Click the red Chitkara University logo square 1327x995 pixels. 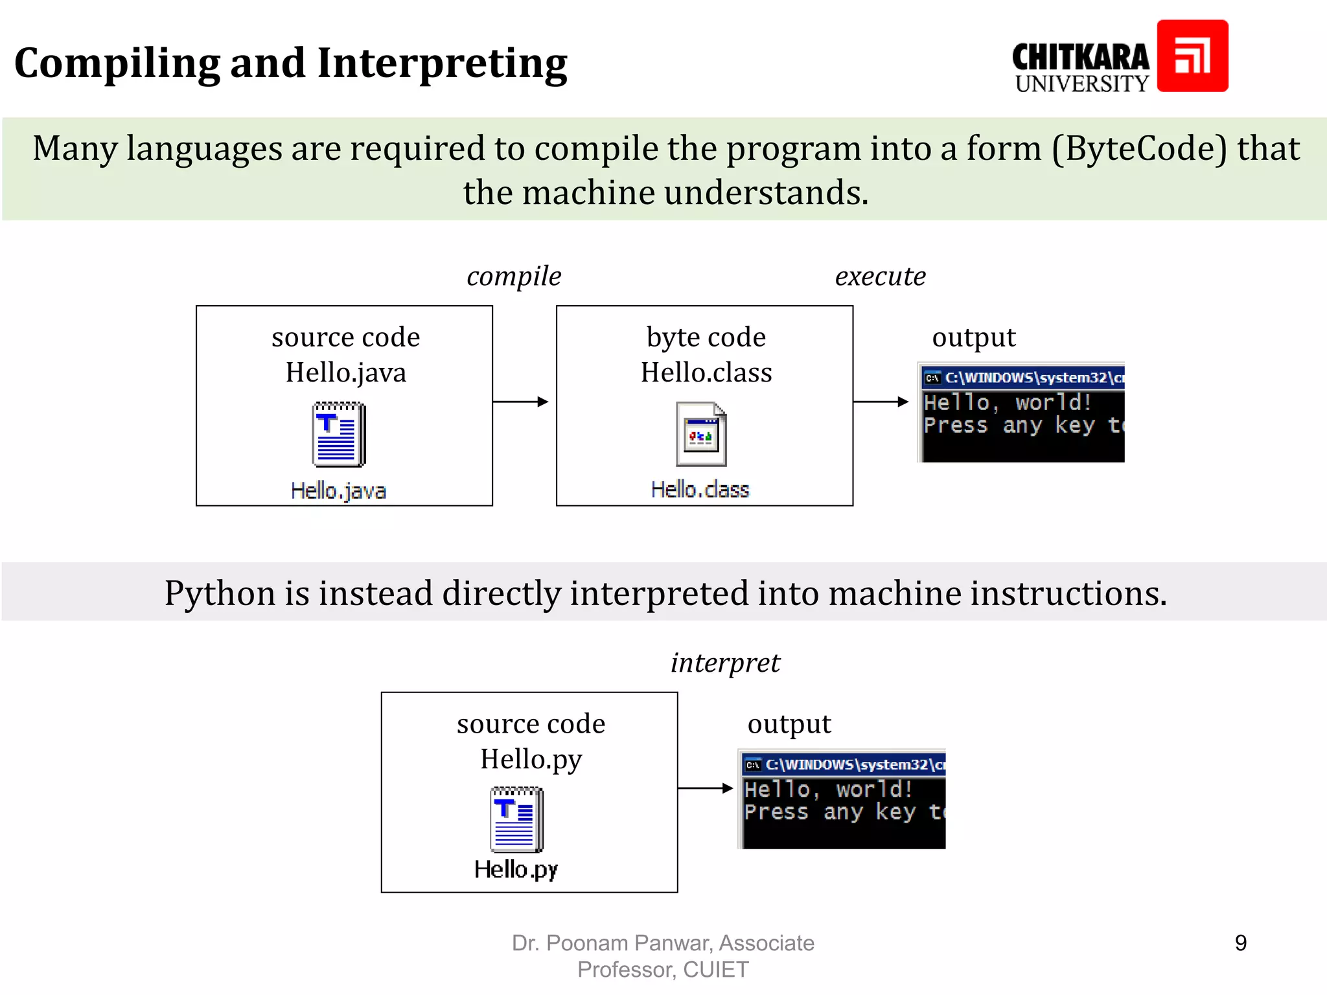(1192, 56)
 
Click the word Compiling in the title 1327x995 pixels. (117, 64)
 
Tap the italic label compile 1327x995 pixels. (514, 277)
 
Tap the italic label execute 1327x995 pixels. (880, 277)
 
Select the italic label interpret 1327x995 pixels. (725, 663)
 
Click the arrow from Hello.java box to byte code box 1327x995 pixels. (520, 402)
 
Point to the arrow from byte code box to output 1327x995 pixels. (881, 402)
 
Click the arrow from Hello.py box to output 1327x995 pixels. (705, 788)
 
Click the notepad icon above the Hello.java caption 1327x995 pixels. (339, 434)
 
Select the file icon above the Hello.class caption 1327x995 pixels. (701, 434)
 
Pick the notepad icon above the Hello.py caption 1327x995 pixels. (516, 819)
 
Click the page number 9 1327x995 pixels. (1240, 943)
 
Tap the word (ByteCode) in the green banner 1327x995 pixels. (1139, 148)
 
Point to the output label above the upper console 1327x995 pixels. (973, 337)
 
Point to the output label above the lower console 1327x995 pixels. (789, 724)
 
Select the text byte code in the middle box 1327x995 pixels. (706, 337)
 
